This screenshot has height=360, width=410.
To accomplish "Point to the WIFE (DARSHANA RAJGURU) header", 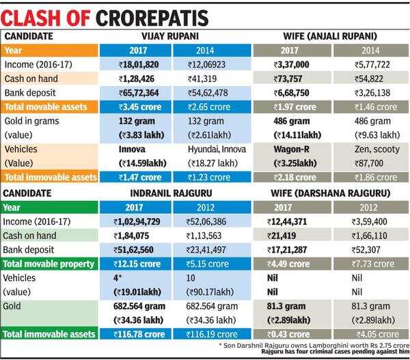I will [x=327, y=192].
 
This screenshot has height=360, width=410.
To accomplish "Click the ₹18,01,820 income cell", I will [x=136, y=64].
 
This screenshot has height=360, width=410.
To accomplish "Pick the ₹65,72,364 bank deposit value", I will [x=136, y=92].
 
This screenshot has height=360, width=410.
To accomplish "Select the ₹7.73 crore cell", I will [x=367, y=264].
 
